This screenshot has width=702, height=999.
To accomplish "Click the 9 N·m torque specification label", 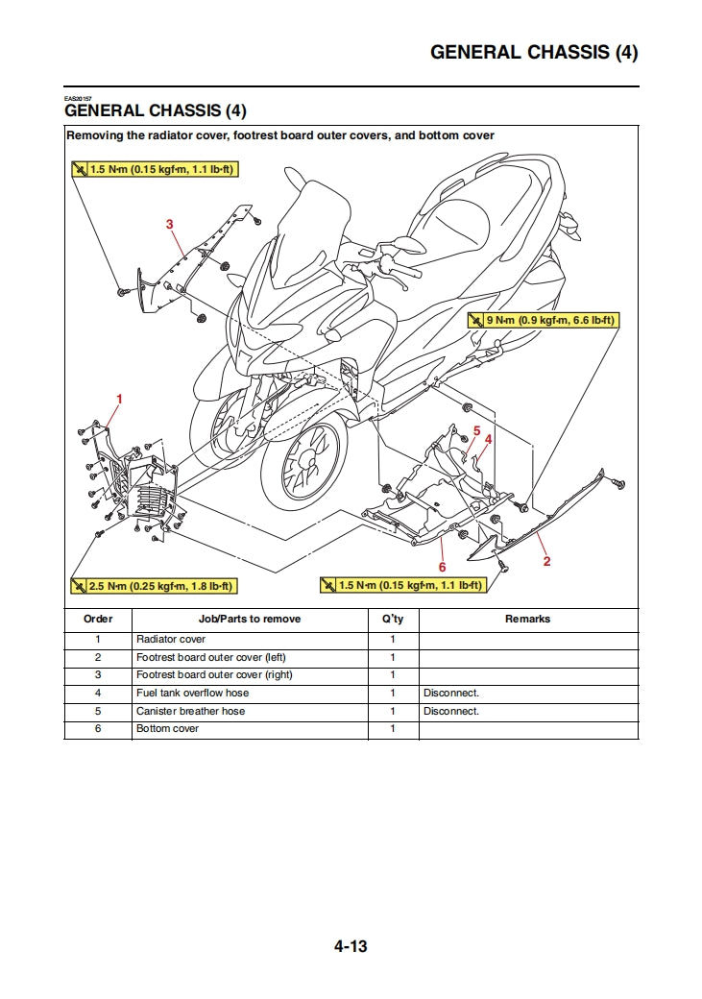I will (x=543, y=320).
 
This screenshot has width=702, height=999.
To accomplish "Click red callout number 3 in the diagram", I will (x=169, y=224).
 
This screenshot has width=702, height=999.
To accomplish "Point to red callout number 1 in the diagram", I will (x=119, y=398).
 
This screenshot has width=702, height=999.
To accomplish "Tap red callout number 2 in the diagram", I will (x=546, y=561).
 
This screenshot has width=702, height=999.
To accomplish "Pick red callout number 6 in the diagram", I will (x=442, y=567).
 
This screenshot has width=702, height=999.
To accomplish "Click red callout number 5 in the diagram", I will (x=476, y=430).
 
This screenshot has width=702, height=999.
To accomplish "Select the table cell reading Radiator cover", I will (x=171, y=639).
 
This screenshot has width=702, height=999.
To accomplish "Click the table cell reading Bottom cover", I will (x=168, y=729).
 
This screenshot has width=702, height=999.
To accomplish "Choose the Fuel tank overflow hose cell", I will (x=192, y=693).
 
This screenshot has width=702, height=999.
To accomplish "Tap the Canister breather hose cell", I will (x=190, y=711).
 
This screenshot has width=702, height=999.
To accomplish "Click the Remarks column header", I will (x=527, y=620).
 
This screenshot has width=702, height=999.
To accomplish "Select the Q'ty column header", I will (x=393, y=620).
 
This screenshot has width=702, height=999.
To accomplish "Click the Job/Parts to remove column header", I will (x=249, y=620).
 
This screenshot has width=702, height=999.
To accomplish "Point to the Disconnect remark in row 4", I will (x=450, y=693).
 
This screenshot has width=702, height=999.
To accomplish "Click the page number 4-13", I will (x=351, y=946).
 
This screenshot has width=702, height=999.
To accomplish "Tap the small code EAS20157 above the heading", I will (x=79, y=99).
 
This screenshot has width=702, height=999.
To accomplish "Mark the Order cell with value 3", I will (x=98, y=675).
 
